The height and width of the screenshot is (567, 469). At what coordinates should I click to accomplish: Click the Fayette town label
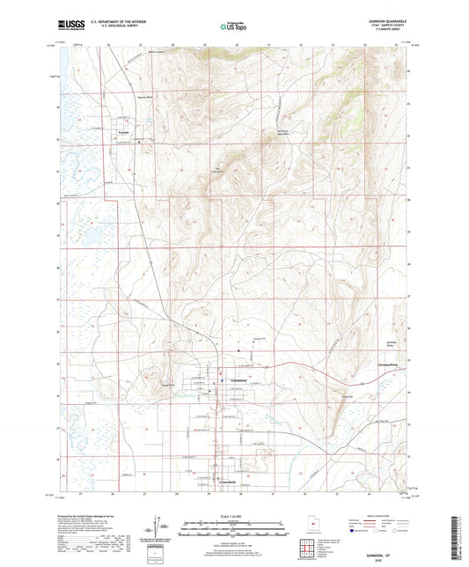[124, 133]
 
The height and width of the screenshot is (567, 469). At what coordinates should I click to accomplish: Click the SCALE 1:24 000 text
[234, 517]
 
